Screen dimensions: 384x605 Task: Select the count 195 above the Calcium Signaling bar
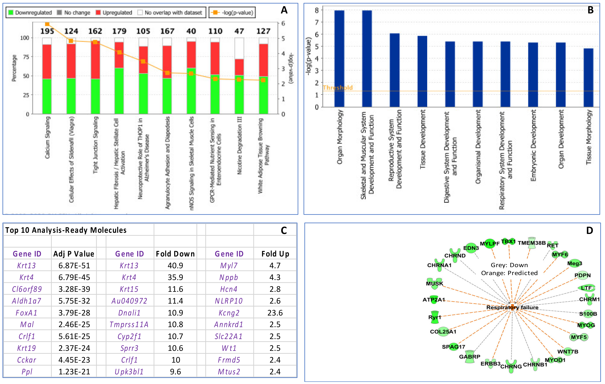point(47,31)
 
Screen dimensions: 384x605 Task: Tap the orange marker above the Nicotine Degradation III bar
point(239,80)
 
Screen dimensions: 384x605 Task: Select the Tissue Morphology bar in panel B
point(588,78)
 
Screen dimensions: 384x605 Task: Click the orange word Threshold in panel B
point(338,88)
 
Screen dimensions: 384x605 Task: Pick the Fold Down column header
point(175,254)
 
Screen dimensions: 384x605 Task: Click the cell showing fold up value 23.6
point(275,313)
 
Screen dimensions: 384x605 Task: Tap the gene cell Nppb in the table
point(229,277)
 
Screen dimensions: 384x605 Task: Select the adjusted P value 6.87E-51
point(74,266)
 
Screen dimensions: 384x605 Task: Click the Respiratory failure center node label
point(512,307)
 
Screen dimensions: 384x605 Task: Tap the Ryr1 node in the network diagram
point(434,317)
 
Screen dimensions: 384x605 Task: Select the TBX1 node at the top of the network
point(508,241)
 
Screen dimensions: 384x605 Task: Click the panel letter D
point(589,230)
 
